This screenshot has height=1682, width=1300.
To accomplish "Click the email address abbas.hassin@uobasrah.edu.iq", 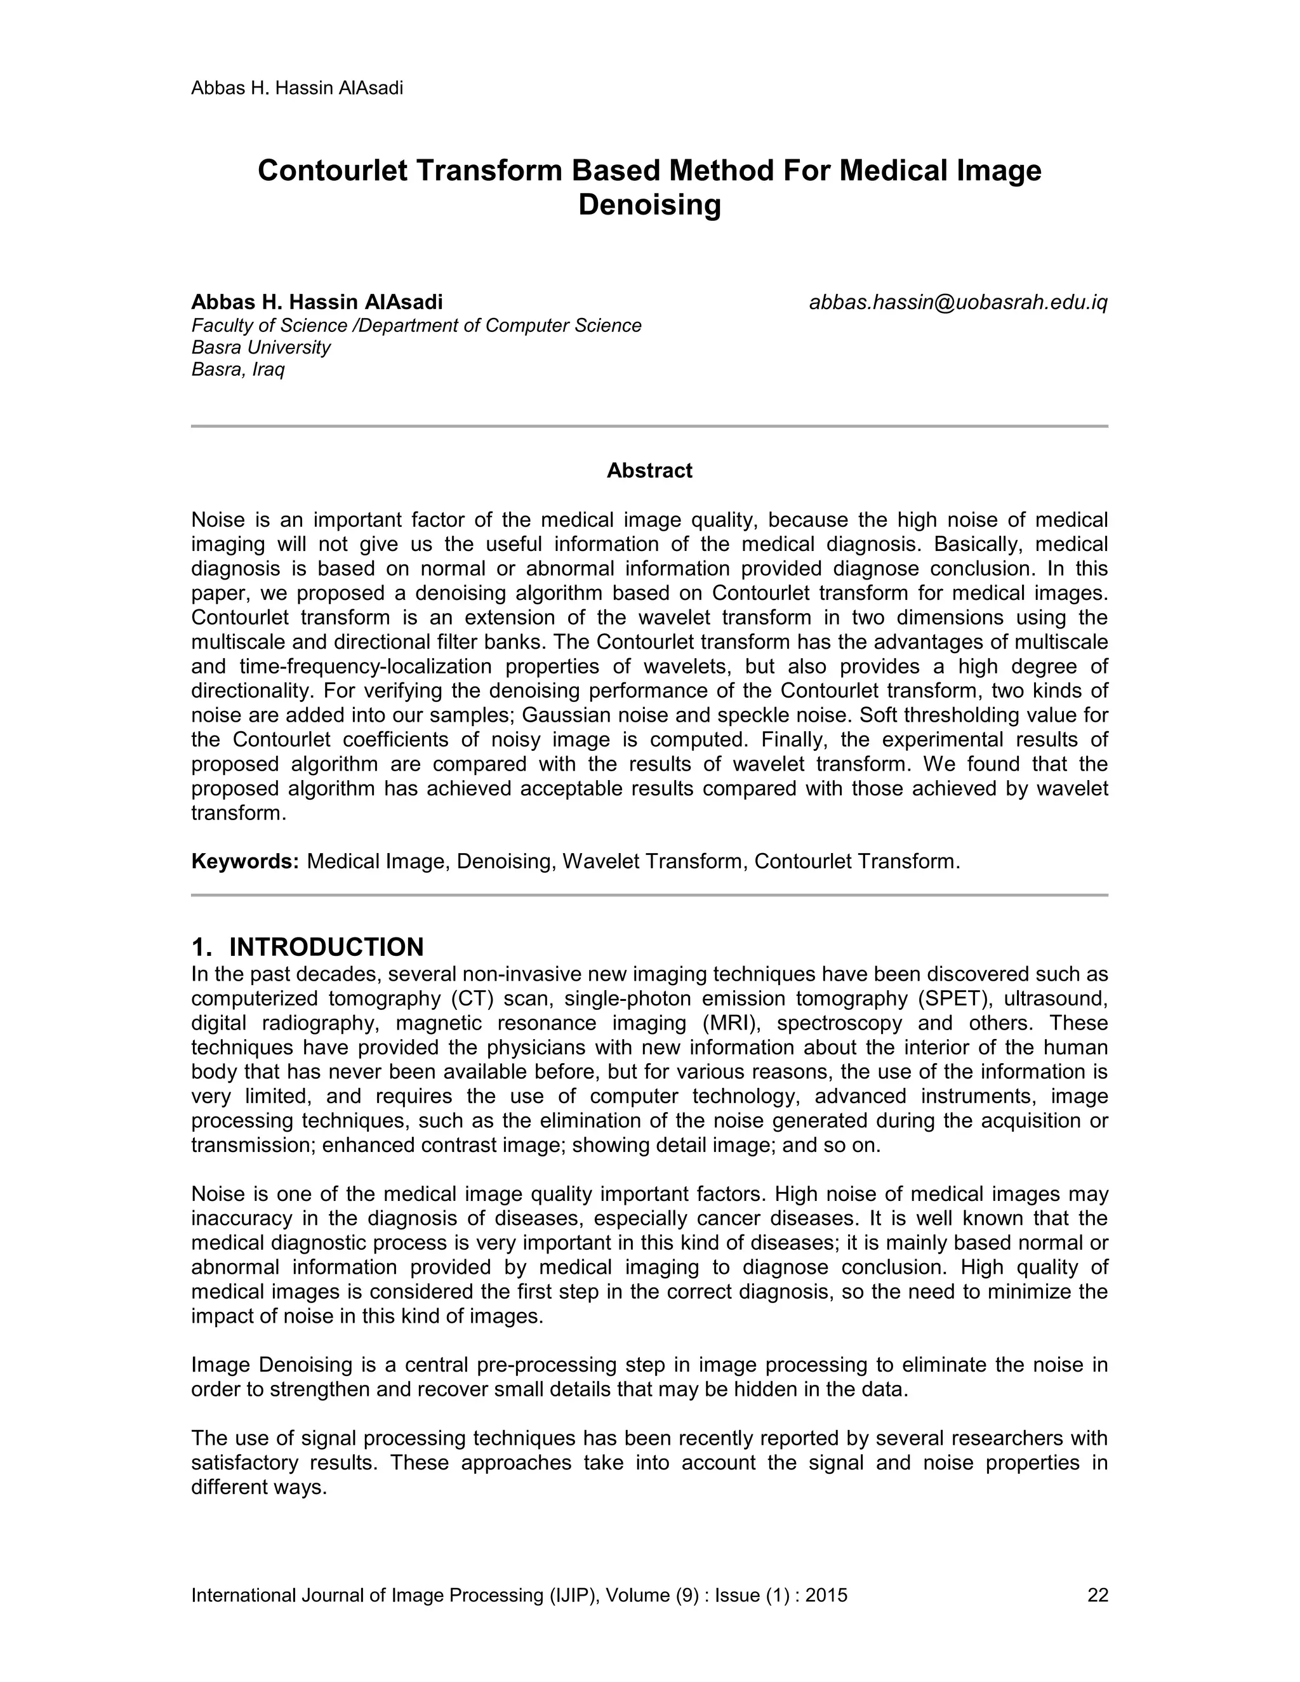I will pos(957,303).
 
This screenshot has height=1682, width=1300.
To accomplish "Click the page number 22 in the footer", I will pos(1097,1595).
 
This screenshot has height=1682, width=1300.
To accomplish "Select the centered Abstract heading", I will pos(649,470).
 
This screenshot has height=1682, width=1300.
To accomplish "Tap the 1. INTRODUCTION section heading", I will pos(307,946).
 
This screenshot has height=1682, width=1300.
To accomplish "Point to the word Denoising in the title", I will pos(649,205).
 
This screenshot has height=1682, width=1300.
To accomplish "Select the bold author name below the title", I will pos(317,302).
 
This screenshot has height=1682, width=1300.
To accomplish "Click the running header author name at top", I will pos(296,88).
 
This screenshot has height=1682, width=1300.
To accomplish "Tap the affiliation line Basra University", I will pos(260,347).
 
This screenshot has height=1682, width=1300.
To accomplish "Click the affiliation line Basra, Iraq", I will pos(237,369).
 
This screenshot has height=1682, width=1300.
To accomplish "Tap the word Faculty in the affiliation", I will pos(220,326).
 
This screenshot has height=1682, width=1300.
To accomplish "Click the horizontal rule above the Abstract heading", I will pos(649,426).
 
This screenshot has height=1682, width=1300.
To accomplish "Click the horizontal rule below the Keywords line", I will pos(649,895).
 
